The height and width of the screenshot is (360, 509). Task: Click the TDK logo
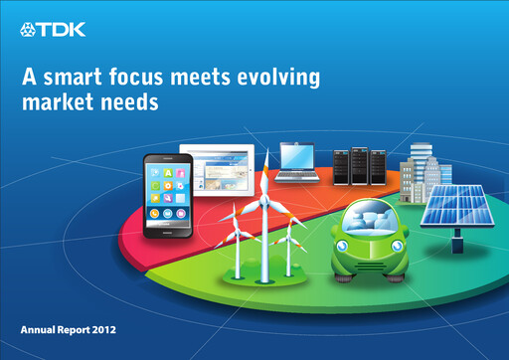pos(53,30)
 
